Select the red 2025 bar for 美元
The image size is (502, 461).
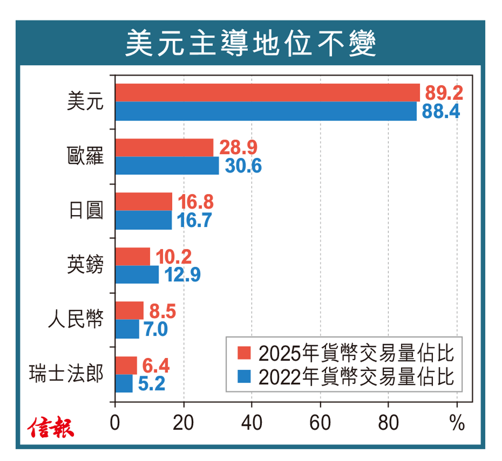pyautogui.click(x=267, y=93)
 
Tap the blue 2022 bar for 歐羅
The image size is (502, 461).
pyautogui.click(x=167, y=166)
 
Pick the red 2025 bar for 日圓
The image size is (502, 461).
pyautogui.click(x=144, y=201)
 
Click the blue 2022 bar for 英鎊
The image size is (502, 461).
pyautogui.click(x=137, y=274)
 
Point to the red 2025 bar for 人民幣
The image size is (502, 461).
pyautogui.click(x=129, y=311)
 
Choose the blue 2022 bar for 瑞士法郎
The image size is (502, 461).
pyautogui.click(x=124, y=383)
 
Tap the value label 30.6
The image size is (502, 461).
pyautogui.click(x=243, y=166)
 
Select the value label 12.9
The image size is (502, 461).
pyautogui.click(x=182, y=274)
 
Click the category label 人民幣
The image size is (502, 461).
pyautogui.click(x=76, y=319)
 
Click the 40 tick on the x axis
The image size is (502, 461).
pyautogui.click(x=251, y=422)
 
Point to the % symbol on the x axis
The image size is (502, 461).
pyautogui.click(x=456, y=422)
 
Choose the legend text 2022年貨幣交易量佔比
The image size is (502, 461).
pyautogui.click(x=355, y=377)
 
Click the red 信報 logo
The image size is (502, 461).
pyautogui.click(x=50, y=427)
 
